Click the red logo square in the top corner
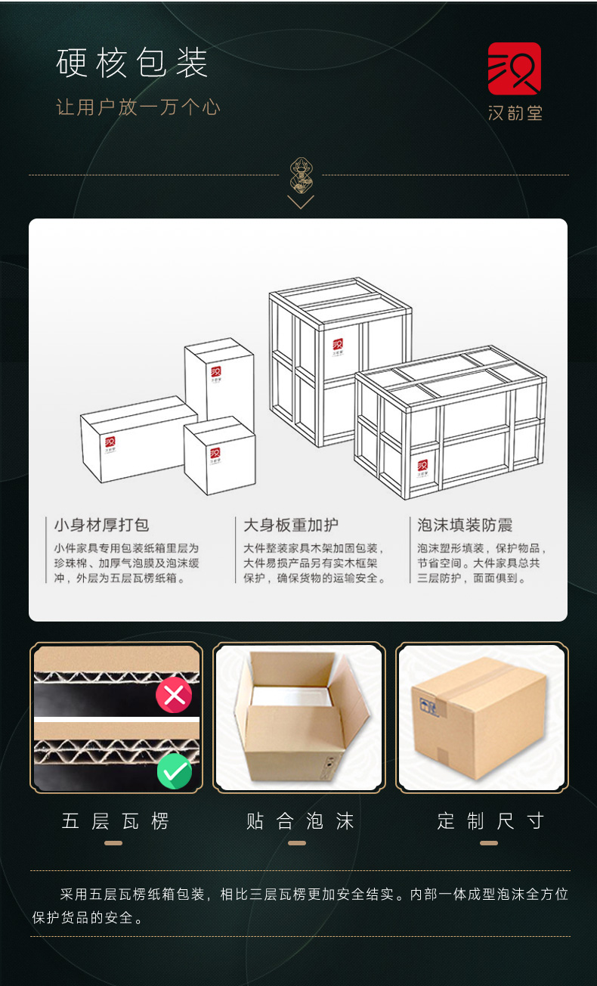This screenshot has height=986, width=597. (x=515, y=69)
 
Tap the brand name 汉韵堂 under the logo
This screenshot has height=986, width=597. (x=515, y=113)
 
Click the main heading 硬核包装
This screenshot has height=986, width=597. (x=131, y=63)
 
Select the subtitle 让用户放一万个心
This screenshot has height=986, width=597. (x=138, y=107)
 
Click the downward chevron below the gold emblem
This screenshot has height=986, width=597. (x=301, y=202)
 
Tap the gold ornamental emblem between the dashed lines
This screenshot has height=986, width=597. (x=301, y=175)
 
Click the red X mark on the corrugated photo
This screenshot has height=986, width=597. (x=174, y=695)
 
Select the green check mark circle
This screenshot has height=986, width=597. (x=175, y=771)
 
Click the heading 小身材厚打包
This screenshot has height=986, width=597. (x=101, y=525)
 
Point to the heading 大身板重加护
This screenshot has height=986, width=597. (x=291, y=525)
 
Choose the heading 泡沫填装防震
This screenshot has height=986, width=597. (x=465, y=525)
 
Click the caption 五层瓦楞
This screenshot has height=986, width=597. (x=116, y=821)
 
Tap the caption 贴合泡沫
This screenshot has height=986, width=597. (x=300, y=821)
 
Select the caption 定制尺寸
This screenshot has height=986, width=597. (x=490, y=821)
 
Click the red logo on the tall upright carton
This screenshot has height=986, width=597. (x=215, y=371)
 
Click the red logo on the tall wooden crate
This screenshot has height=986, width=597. (x=338, y=344)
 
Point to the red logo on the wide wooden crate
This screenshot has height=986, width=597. (x=422, y=465)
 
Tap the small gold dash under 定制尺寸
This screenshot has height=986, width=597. (x=489, y=843)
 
